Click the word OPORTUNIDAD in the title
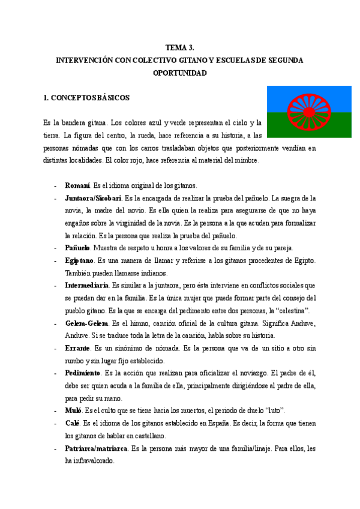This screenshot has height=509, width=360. point(179,73)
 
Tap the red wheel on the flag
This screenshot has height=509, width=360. point(309,111)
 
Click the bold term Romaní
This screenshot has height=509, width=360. point(77,185)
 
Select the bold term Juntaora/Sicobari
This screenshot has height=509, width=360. point(94,197)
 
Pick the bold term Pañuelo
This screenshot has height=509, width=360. point(78,247)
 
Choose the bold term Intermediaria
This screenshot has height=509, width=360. point(87,285)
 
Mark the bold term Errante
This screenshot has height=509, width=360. point(78,348)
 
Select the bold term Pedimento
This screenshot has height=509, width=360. point(83,373)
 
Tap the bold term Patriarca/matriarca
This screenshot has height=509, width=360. point(97,448)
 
